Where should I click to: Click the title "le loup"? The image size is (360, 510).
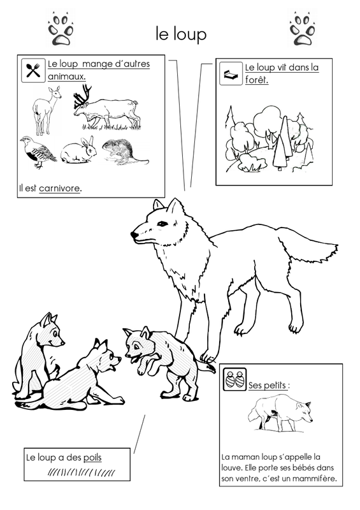coord(181,34)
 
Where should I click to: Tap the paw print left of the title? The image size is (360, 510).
coord(61,29)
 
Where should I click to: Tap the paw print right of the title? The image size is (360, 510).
coord(303,29)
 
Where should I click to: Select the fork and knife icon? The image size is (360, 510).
coord(33,70)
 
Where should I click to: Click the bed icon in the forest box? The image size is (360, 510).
coord(231,73)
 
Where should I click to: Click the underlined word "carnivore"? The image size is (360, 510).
coord(59,188)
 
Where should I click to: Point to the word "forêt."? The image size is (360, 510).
coord(257,80)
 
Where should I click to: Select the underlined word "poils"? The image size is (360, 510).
coord(92,457)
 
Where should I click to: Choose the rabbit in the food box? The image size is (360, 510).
coord(79,150)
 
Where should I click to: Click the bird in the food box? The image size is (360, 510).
coord(38,152)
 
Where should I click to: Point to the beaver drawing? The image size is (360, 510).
coord(125,152)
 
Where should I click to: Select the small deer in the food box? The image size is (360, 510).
coord(47,110)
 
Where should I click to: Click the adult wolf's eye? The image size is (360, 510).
coord(162,223)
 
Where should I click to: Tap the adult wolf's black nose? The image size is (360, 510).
coord(133,234)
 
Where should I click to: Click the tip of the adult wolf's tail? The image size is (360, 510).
coord(337,246)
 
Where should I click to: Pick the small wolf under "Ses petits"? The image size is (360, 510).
coord(280,412)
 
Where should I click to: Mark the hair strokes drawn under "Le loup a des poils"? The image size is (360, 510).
coord(82,472)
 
